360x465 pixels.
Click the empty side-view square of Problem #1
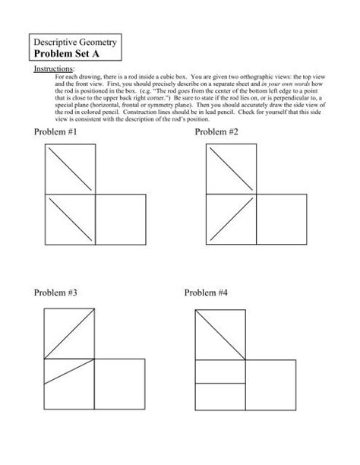click(122, 220)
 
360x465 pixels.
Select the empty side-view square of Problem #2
click(281, 220)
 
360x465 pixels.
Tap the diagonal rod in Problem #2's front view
click(231, 220)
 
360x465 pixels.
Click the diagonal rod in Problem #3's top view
click(70, 334)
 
